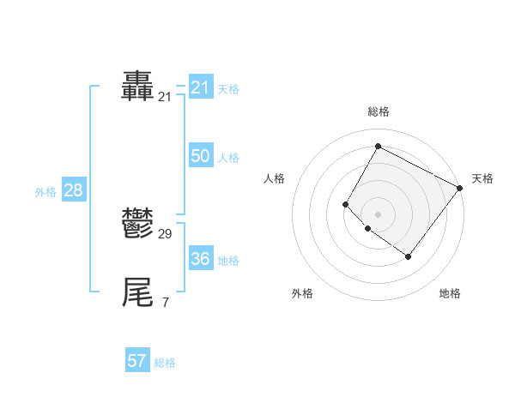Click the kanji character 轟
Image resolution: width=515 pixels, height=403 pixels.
click(x=138, y=87)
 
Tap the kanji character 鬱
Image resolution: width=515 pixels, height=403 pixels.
click(x=138, y=224)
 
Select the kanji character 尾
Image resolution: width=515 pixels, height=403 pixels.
click(x=138, y=292)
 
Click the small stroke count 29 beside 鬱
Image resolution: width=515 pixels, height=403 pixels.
click(x=166, y=234)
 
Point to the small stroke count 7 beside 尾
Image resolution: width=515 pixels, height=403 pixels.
click(x=166, y=303)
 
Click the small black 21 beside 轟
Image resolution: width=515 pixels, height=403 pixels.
click(x=165, y=98)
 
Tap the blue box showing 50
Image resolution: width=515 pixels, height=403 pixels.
click(x=201, y=156)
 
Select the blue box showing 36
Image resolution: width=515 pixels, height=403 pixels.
click(x=201, y=259)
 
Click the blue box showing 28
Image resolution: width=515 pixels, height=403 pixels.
click(x=73, y=190)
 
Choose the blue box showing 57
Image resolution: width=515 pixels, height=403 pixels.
click(x=137, y=361)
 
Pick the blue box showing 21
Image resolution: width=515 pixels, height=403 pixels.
click(x=201, y=87)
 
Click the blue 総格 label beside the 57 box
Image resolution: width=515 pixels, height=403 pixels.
click(x=165, y=363)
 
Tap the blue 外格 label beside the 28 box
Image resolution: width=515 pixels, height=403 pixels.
click(x=45, y=192)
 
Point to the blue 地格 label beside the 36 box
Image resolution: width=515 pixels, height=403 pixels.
click(x=228, y=261)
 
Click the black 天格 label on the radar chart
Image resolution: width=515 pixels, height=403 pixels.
click(x=482, y=178)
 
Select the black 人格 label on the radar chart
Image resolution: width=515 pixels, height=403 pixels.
click(x=275, y=178)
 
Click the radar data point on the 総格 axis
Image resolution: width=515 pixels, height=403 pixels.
click(x=378, y=147)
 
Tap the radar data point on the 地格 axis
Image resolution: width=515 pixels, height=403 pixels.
click(x=409, y=256)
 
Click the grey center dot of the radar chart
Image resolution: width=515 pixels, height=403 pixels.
click(x=378, y=214)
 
